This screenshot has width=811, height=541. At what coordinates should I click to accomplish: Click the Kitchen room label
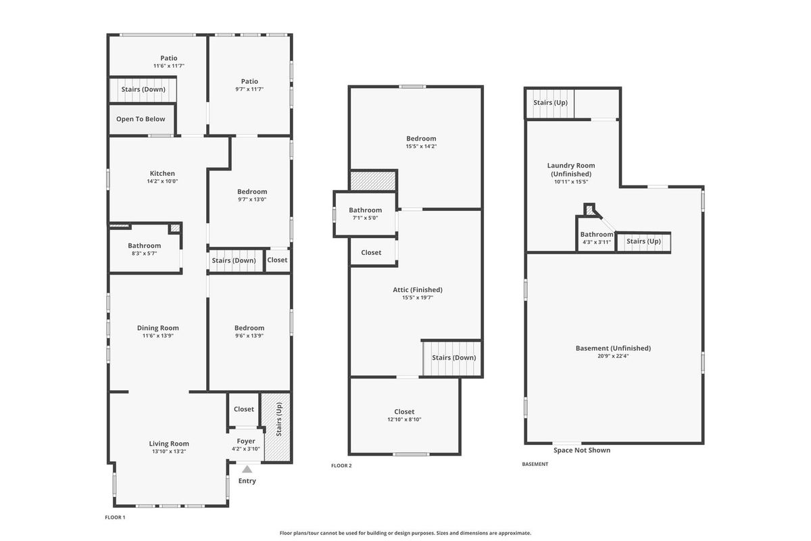(162, 174)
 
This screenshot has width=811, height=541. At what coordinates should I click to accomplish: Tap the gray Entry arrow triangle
(247, 469)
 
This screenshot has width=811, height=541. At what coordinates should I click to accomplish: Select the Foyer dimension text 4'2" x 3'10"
(246, 449)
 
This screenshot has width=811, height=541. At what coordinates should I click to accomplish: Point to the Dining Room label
(158, 328)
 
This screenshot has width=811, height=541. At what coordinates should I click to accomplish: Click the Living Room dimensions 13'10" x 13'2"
(169, 452)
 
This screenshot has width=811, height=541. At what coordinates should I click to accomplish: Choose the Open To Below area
(141, 119)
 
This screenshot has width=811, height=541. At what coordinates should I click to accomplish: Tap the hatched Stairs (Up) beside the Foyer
(277, 427)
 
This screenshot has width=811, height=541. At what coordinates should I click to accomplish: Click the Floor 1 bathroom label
(144, 245)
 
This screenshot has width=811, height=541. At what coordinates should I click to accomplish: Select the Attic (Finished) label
(418, 290)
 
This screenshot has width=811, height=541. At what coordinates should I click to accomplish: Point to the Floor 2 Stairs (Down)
(452, 358)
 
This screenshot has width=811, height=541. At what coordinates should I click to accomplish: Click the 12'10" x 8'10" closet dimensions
(404, 419)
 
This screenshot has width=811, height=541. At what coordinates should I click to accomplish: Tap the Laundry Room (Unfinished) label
(571, 170)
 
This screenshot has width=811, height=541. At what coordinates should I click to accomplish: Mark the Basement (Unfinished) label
(613, 348)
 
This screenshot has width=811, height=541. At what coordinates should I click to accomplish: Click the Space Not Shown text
(582, 450)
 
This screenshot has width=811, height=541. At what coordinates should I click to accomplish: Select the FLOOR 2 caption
(341, 466)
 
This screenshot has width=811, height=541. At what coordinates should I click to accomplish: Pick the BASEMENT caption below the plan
(535, 464)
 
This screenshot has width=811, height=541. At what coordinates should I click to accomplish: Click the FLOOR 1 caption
(115, 517)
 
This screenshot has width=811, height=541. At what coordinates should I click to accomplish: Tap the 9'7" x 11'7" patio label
(249, 89)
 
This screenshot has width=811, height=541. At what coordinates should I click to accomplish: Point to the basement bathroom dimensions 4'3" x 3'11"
(596, 242)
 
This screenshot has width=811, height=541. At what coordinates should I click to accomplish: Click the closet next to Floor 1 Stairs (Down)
(277, 260)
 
